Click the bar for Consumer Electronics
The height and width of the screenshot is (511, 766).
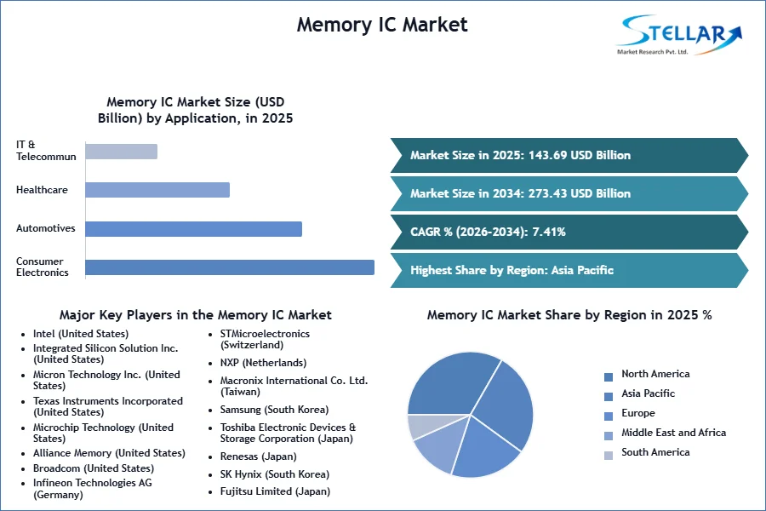[230, 267]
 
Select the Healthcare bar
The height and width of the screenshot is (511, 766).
[157, 190]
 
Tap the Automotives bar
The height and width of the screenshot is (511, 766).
[193, 229]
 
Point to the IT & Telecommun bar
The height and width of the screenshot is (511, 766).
[121, 152]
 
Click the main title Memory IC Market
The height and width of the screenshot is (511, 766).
[382, 25]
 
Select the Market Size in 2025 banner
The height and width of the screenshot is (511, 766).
[569, 156]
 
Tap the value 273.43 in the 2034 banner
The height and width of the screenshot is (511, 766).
[547, 193]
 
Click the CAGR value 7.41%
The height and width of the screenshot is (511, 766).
[549, 232]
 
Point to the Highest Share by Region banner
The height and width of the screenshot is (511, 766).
[569, 271]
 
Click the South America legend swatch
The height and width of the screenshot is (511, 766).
[609, 456]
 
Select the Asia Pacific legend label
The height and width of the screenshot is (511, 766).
[648, 393]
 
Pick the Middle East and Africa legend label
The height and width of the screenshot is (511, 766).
[674, 433]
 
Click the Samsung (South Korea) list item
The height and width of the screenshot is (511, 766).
[274, 410]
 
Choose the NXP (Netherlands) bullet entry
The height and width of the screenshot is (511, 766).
[263, 362]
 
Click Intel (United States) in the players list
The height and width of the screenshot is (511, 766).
[81, 334]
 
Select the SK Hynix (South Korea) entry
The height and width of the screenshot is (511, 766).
[275, 474]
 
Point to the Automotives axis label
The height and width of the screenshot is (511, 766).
[45, 228]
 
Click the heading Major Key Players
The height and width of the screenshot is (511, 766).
[196, 315]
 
